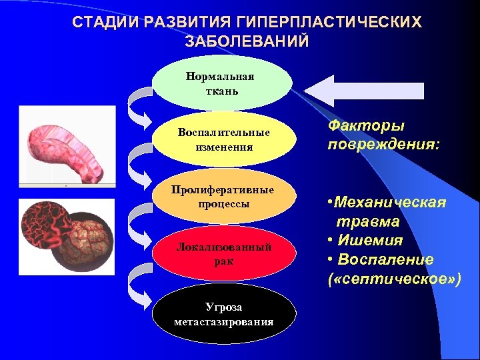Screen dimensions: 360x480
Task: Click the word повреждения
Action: [383, 144]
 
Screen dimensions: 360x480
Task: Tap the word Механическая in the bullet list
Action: [391, 202]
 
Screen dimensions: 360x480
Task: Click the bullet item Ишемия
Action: [370, 240]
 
